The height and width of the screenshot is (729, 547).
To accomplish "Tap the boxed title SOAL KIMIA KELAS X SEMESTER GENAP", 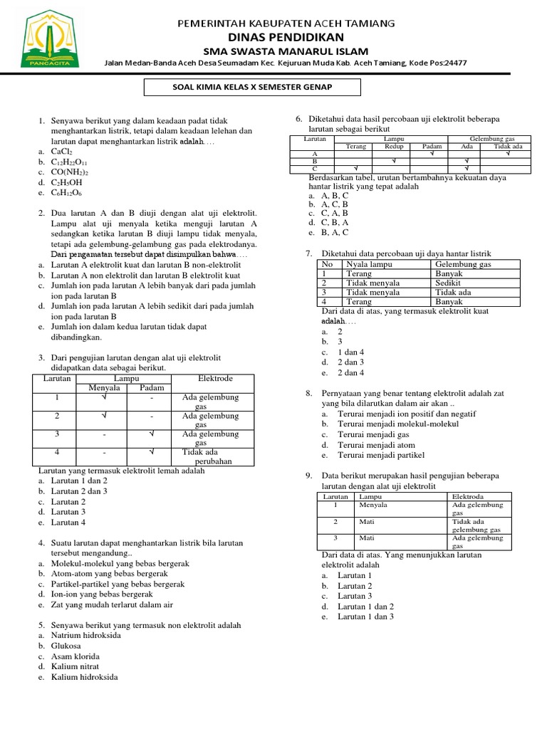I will (253, 88).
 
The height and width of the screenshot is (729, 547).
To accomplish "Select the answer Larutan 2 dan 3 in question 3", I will (79, 491).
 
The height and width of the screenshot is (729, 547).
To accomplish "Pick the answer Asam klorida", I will (75, 656).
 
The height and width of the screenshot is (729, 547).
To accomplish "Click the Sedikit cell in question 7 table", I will (448, 283).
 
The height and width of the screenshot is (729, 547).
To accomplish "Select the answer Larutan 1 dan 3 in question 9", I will (365, 617).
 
